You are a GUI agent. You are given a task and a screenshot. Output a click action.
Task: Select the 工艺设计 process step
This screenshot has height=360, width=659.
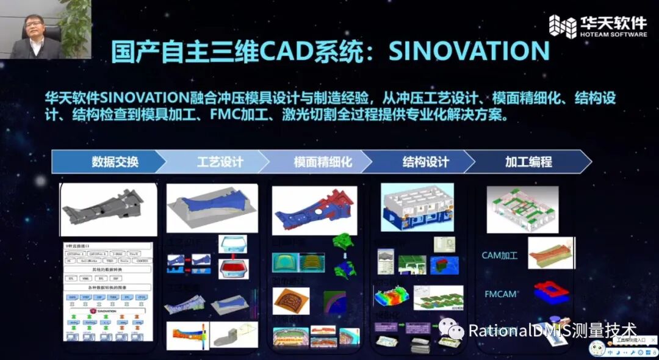point(220,162)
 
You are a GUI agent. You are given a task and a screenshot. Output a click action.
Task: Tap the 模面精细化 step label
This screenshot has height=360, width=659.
point(323,162)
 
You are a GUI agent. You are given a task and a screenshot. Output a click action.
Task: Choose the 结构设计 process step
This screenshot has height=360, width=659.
point(425,162)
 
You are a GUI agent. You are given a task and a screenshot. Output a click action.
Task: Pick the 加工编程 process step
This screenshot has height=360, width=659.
point(528,162)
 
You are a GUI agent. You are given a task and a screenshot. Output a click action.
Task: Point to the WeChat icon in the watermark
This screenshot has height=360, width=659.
point(456,330)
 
